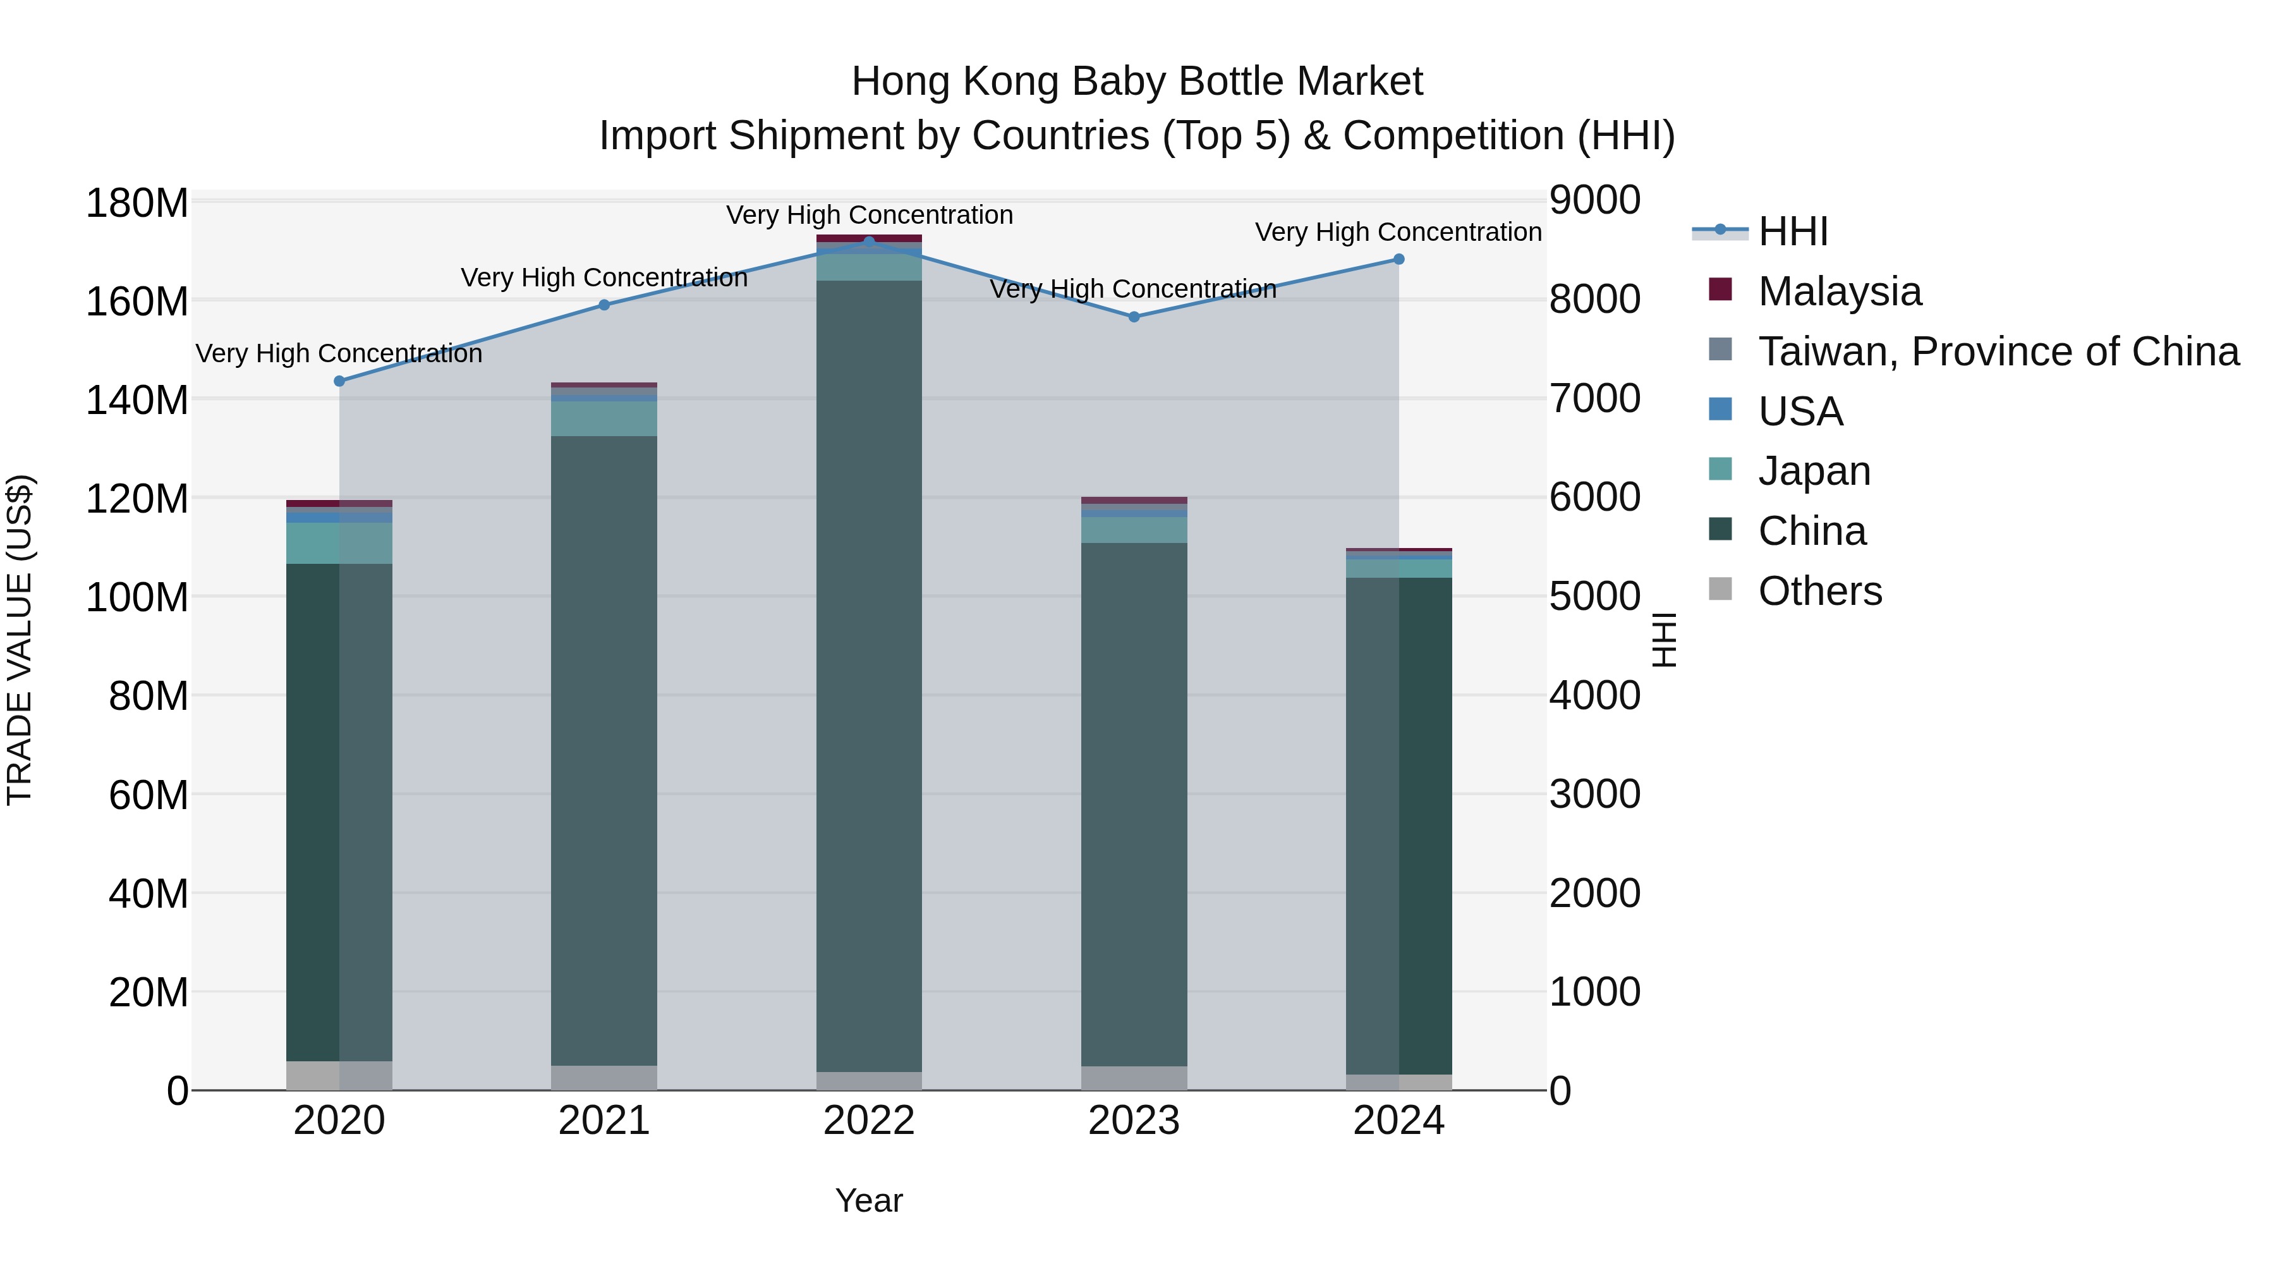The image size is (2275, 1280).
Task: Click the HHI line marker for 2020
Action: (339, 381)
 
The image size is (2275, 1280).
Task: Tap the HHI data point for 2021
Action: (604, 305)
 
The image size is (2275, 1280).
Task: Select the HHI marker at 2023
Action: (1134, 316)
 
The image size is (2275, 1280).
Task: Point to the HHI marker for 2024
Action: (1399, 259)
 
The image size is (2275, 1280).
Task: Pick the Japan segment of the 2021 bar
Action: (604, 418)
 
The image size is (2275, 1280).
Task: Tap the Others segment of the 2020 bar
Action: (339, 1075)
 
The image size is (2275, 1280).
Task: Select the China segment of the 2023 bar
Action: (1134, 804)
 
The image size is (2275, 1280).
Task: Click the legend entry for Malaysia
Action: (1839, 291)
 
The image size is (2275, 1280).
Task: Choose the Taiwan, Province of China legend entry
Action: (1998, 351)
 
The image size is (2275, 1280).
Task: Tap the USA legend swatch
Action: (1720, 410)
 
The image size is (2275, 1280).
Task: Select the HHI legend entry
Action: (1792, 231)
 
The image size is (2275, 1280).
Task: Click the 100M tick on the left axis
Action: (137, 598)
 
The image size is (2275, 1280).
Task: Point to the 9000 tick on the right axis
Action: (1595, 200)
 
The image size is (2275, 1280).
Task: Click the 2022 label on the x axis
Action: (869, 1121)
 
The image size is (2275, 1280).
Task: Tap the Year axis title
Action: (869, 1200)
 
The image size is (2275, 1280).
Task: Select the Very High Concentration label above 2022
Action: (869, 215)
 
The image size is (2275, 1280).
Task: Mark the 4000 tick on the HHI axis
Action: (1595, 695)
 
